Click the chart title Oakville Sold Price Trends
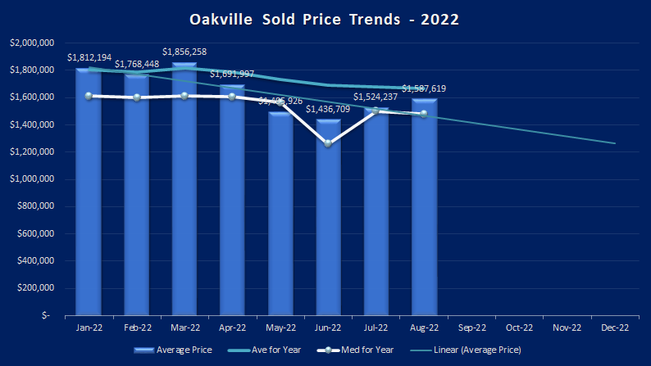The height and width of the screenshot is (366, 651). point(325,17)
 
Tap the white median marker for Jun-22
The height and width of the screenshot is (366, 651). point(328,143)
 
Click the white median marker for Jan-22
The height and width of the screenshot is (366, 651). point(88,96)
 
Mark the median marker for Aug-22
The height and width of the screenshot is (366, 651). point(424,114)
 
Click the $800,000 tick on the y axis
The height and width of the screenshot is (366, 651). point(35,206)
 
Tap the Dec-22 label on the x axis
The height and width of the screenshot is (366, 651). point(616,328)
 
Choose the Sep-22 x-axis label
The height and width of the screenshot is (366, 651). point(472,328)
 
